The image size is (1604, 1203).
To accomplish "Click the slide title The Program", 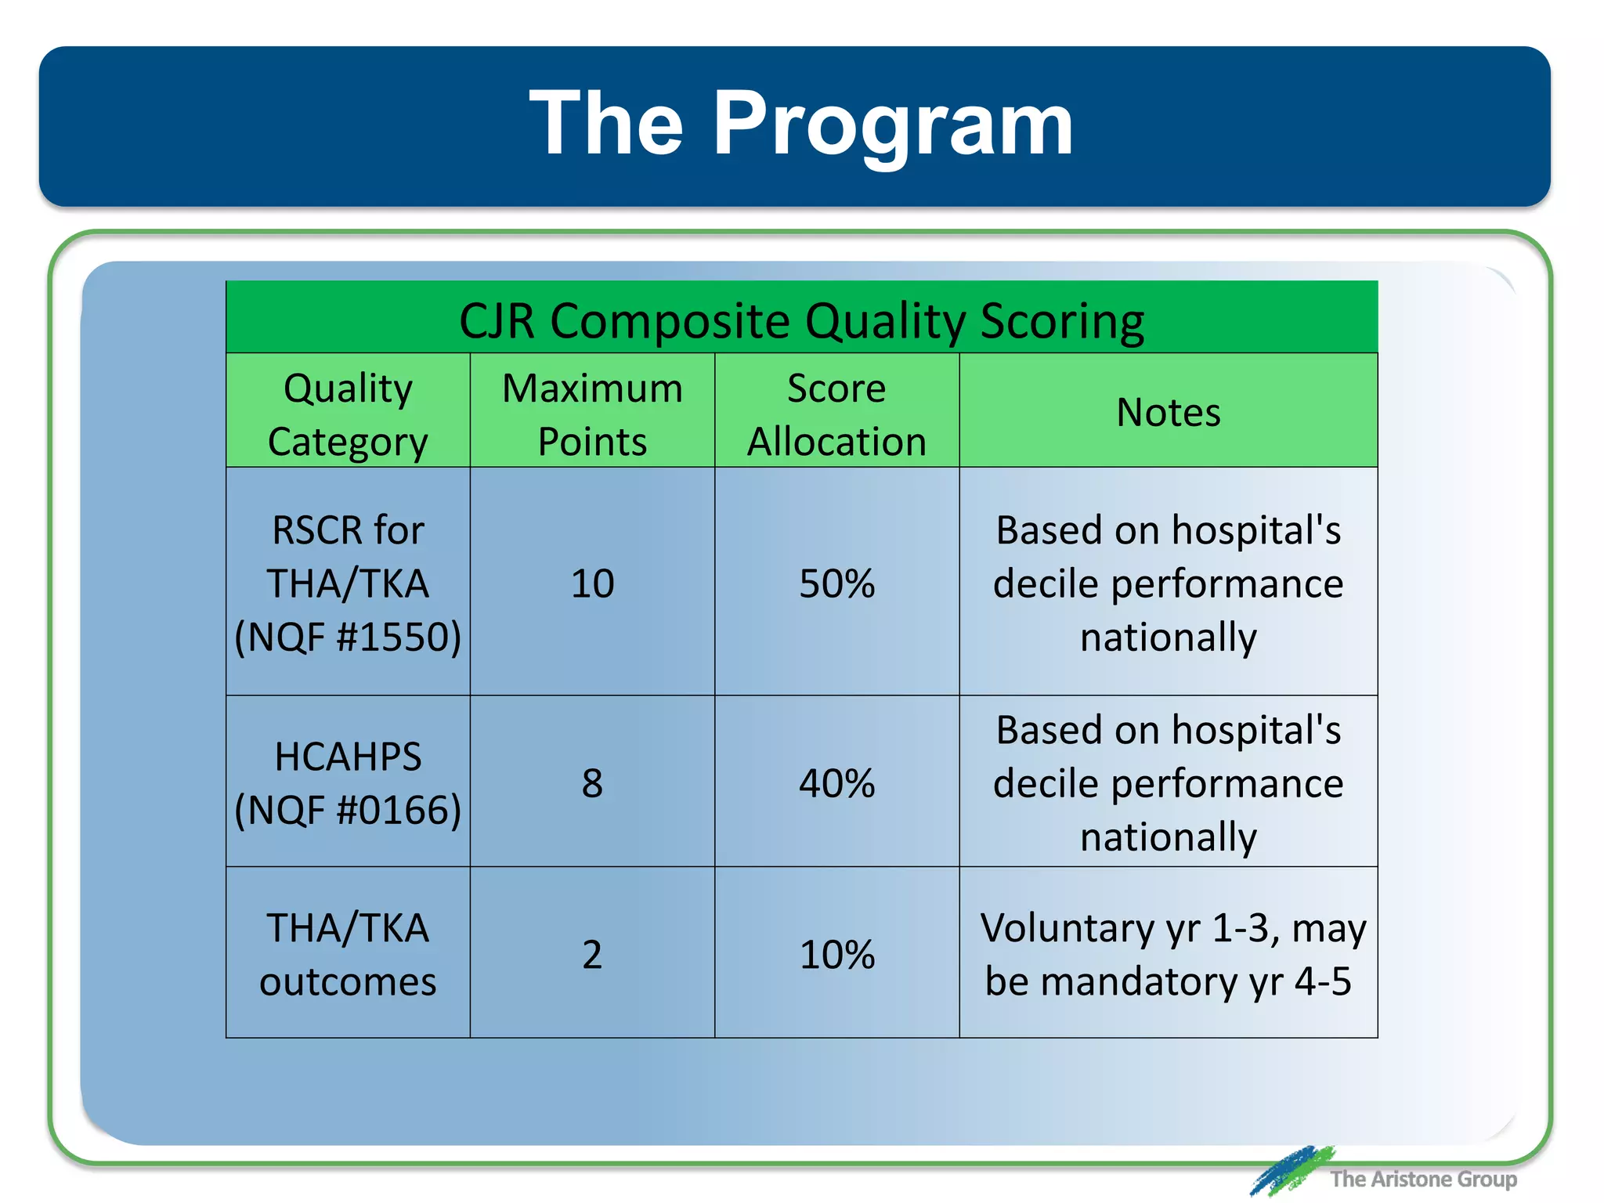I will (x=800, y=124).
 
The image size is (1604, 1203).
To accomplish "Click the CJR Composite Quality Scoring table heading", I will (x=801, y=320).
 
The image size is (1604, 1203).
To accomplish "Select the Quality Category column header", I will (x=348, y=414).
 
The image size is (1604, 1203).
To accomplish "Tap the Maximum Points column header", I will (x=592, y=414).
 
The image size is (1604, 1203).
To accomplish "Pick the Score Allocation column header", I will (x=836, y=414).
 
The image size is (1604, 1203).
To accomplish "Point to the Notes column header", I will (x=1168, y=412).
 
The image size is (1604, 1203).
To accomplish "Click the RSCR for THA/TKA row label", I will (x=348, y=583).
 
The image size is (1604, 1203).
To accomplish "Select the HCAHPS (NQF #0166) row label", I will (x=348, y=782).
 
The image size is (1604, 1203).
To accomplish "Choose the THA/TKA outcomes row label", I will (x=348, y=954).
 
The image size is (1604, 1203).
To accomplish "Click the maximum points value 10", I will (x=592, y=583).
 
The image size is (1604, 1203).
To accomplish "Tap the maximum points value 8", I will (x=592, y=783).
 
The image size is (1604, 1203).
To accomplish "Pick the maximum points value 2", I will (x=592, y=955).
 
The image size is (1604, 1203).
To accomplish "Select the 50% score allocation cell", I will (x=836, y=583).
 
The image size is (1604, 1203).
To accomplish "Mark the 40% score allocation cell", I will (x=836, y=783).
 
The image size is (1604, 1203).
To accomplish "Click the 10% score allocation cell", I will (x=836, y=955).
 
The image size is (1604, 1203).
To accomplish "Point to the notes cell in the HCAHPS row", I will (x=1168, y=782).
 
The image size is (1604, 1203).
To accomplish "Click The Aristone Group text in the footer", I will (x=1422, y=1179).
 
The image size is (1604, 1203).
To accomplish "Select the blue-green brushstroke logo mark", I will (x=1290, y=1170).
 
